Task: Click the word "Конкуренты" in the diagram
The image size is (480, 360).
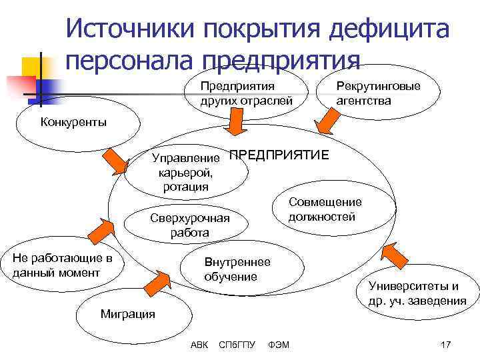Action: pos(73,121)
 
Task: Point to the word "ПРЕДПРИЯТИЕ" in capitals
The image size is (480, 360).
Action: pos(279,155)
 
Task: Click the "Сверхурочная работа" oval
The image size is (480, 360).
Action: pos(189,226)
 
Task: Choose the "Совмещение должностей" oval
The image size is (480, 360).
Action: pos(325,209)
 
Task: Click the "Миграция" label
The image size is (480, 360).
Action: pos(127,313)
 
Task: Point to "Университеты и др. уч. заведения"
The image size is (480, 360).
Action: pos(417,293)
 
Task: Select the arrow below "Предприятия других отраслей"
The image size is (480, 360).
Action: pos(237,124)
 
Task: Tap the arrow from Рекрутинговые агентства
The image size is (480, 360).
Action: pos(328,122)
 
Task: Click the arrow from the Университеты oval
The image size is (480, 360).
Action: pos(397,254)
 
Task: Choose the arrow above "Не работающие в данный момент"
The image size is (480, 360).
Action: pos(98,229)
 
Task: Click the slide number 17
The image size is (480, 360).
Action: pos(446,344)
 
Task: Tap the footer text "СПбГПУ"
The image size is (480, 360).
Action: pos(237,344)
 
